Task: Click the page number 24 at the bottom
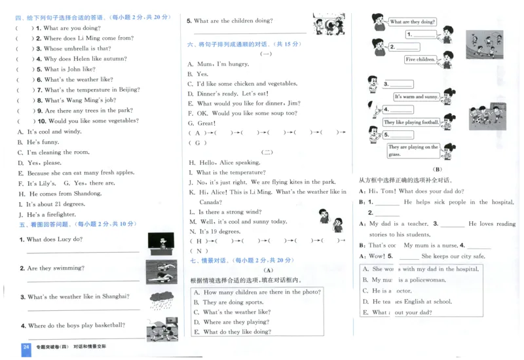pos(26,347)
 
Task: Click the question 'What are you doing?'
pos(71,28)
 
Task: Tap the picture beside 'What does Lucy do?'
pos(157,243)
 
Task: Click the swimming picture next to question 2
pos(161,270)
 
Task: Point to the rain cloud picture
pos(161,300)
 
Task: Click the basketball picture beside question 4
pos(160,329)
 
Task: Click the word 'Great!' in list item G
pos(206,123)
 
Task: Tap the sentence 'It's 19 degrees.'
pos(220,232)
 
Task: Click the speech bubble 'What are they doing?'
pos(413,22)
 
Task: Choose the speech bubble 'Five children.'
pos(420,60)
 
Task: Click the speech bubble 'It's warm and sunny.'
pos(417,97)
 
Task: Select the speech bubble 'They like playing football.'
pos(411,122)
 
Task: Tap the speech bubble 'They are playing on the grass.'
pos(413,151)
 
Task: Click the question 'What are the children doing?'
pos(233,21)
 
